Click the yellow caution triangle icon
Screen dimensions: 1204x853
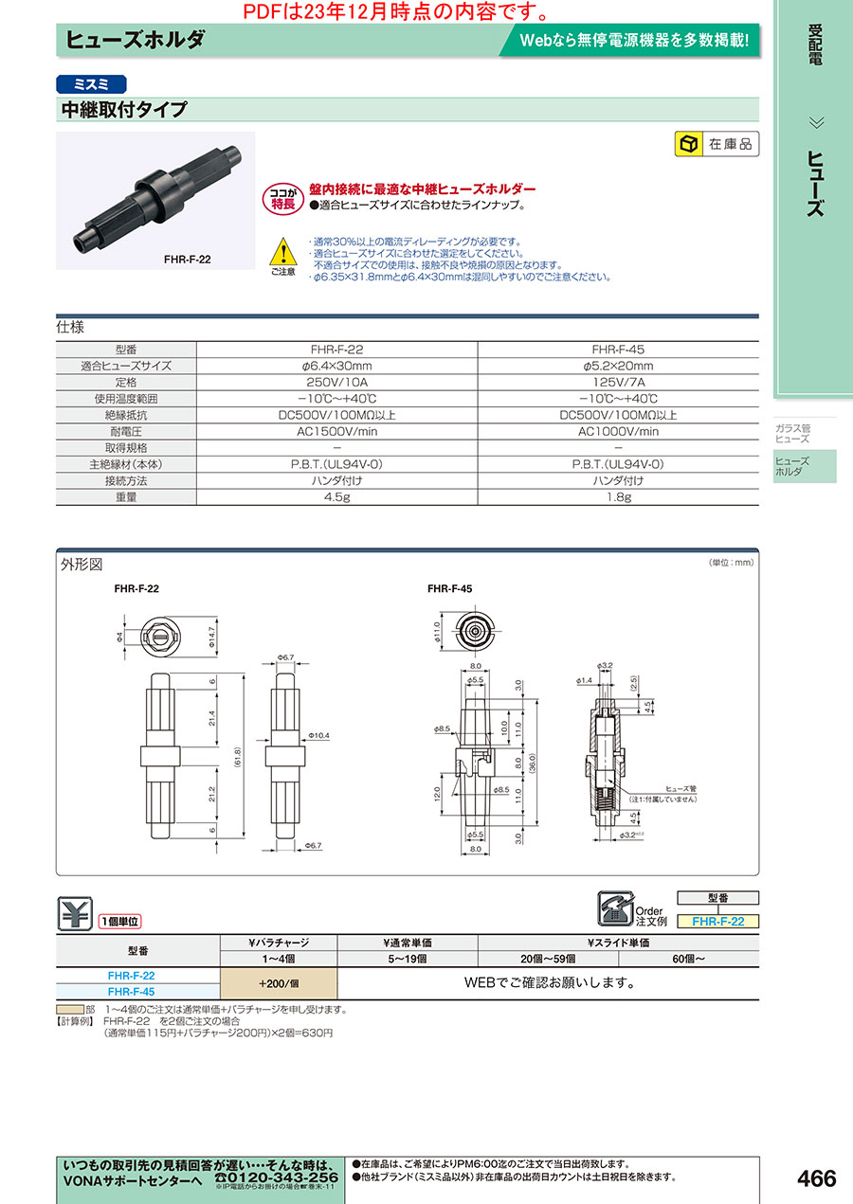pyautogui.click(x=282, y=251)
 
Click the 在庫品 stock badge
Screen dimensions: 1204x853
pyautogui.click(x=717, y=145)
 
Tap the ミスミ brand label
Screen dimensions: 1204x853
pyautogui.click(x=92, y=82)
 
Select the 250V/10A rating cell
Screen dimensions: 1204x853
pyautogui.click(x=336, y=382)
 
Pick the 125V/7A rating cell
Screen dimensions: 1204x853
pyautogui.click(x=618, y=382)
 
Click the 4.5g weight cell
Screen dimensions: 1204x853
pyautogui.click(x=336, y=496)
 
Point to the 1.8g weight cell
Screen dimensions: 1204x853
pyautogui.click(x=618, y=496)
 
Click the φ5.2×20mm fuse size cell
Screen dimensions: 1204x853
pyautogui.click(x=618, y=366)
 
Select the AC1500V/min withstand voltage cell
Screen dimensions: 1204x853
pyautogui.click(x=336, y=431)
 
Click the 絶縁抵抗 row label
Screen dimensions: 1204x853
pyautogui.click(x=126, y=415)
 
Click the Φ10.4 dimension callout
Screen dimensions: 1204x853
pyautogui.click(x=318, y=735)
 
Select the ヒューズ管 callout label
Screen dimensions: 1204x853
pyautogui.click(x=681, y=788)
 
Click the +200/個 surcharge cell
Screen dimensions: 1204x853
pyautogui.click(x=279, y=982)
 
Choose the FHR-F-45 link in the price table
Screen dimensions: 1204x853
pyautogui.click(x=131, y=991)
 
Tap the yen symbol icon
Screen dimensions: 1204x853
pyautogui.click(x=74, y=912)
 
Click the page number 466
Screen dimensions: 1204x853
pyautogui.click(x=816, y=1178)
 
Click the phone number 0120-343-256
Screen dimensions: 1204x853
pyautogui.click(x=276, y=1177)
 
